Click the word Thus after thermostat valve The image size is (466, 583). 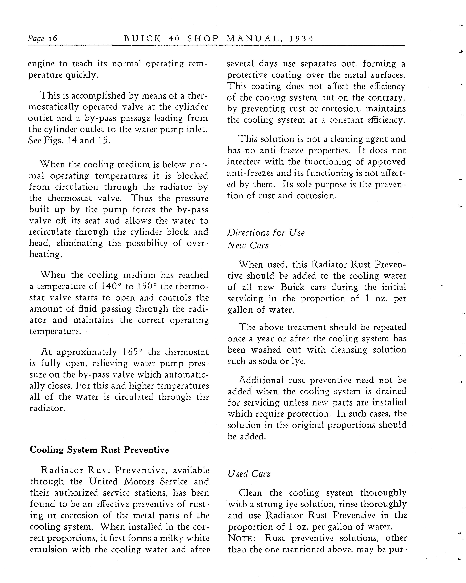tap(142, 198)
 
